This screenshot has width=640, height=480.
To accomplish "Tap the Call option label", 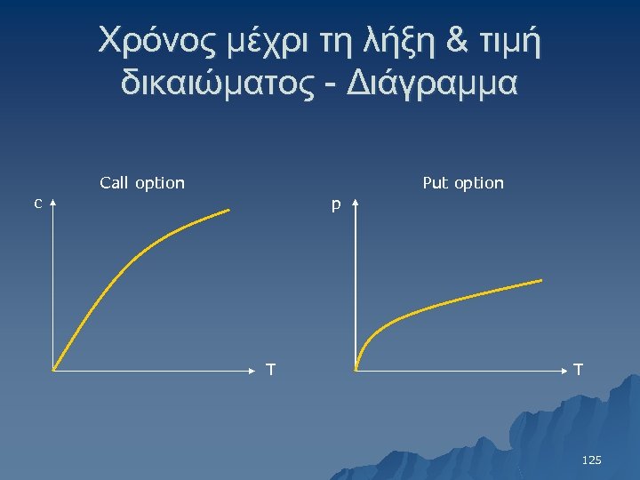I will pos(142,183).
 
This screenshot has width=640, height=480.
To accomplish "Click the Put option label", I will pos(463,183).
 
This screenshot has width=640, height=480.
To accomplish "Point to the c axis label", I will pos(37,204).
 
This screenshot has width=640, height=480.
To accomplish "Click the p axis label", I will pos(336,205).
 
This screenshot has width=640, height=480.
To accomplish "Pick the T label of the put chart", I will pos(579,369).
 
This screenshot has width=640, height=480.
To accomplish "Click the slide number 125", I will pos(591,460).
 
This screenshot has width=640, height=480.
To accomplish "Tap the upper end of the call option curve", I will pos(228,211).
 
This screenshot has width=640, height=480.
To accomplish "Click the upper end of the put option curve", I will pos(540,281).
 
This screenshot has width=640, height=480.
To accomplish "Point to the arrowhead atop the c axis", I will pos(53,204).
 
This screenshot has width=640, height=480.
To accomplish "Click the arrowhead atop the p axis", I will pos(355,204).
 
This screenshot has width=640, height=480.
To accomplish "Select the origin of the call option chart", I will pos(53,368).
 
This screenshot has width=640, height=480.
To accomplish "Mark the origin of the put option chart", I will pos(356,368).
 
